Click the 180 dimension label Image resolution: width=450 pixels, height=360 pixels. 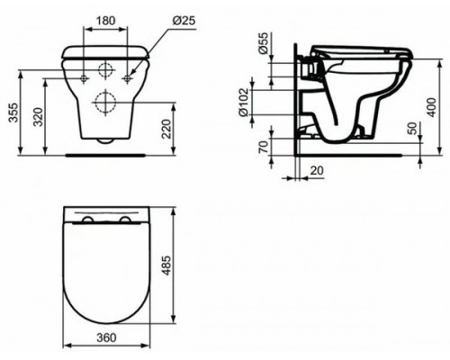[x=105, y=21]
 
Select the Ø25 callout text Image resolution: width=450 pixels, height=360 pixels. [x=184, y=21]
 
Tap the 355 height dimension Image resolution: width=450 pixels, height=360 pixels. [x=13, y=112]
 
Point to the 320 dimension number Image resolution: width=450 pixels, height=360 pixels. [x=38, y=116]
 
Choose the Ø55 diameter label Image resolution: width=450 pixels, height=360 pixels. [x=263, y=43]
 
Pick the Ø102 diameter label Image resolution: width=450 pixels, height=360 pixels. [x=243, y=102]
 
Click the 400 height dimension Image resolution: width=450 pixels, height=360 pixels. [x=431, y=107]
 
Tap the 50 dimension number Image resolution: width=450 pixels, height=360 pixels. [x=413, y=129]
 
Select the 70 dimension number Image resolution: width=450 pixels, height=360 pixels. [x=263, y=147]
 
